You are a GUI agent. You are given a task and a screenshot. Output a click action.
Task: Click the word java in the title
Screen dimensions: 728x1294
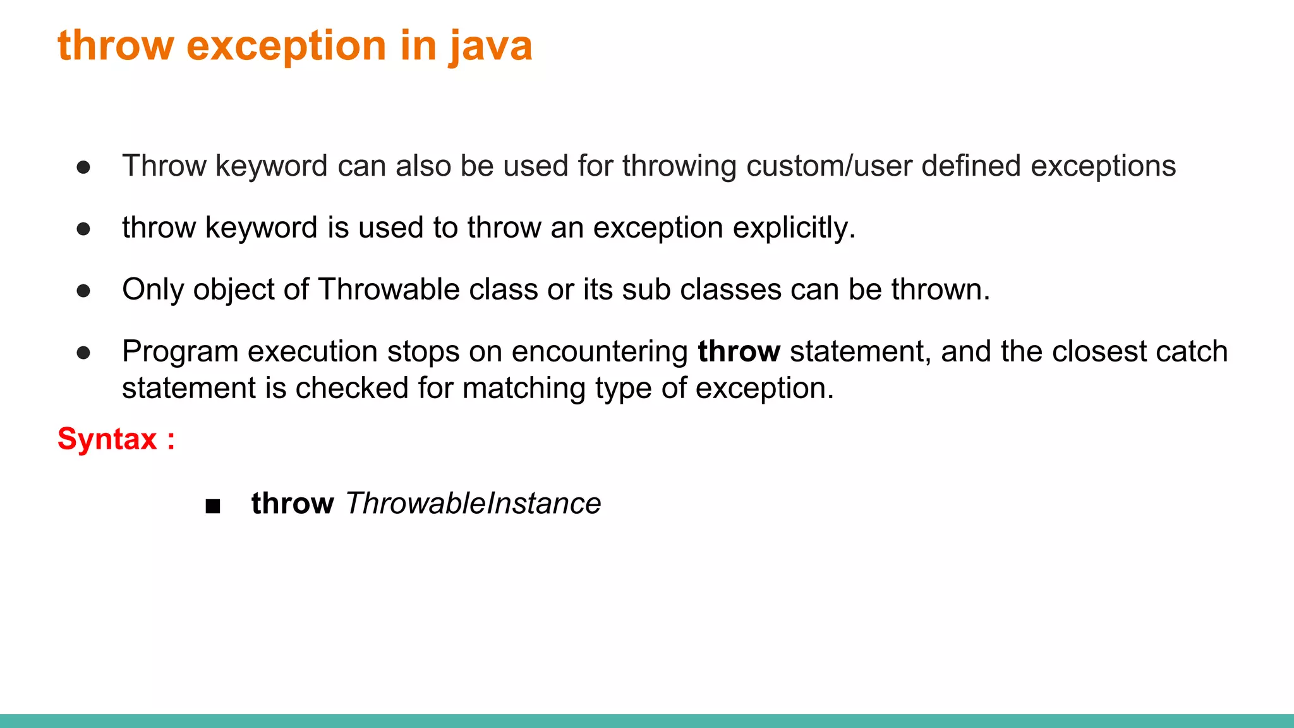(x=490, y=47)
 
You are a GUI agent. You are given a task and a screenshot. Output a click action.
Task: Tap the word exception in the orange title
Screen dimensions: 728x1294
(x=286, y=47)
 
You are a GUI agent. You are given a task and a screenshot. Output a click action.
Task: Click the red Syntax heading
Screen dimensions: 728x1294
(x=107, y=439)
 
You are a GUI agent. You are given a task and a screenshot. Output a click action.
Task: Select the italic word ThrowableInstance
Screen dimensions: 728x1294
(x=473, y=504)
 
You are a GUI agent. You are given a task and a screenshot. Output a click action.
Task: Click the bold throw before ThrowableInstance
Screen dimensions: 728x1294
(x=292, y=504)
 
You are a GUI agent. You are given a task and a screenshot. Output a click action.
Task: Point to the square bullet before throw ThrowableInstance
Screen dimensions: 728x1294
(x=213, y=506)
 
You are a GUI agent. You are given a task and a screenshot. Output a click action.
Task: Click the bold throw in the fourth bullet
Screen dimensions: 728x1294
(x=739, y=351)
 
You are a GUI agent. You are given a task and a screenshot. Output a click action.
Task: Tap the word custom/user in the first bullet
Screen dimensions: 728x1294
(x=828, y=166)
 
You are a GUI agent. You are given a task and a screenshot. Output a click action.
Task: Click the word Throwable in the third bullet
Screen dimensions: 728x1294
(x=388, y=289)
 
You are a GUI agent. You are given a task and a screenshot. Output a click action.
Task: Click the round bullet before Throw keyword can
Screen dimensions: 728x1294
(x=83, y=167)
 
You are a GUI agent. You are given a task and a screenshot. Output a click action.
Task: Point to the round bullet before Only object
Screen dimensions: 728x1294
(x=83, y=291)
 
